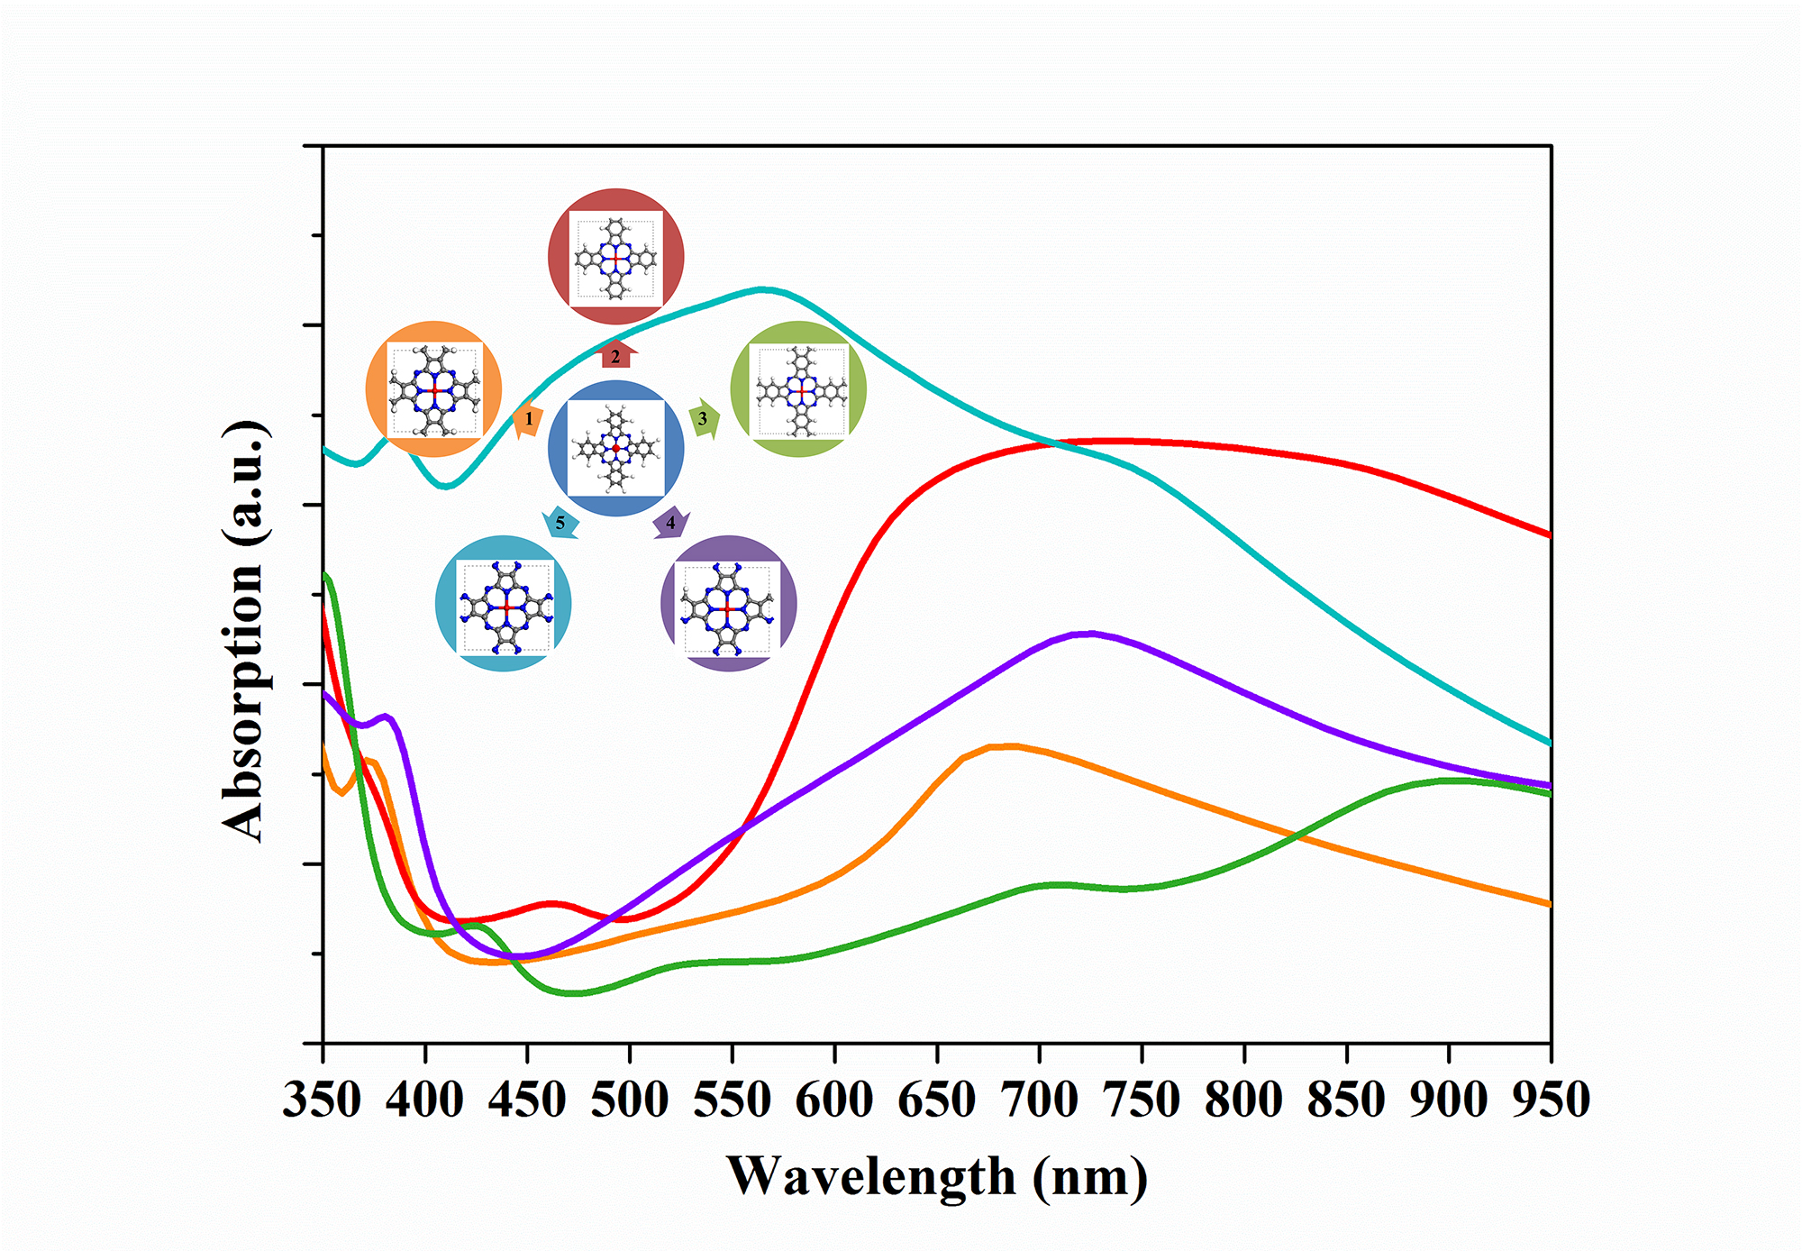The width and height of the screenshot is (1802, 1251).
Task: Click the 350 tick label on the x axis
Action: tap(323, 1100)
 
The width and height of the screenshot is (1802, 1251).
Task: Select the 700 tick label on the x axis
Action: tap(1040, 1100)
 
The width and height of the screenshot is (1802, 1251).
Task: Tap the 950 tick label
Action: tap(1551, 1100)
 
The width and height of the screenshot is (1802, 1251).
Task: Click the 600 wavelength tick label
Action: tap(835, 1100)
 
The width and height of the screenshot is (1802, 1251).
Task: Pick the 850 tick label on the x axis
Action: tap(1346, 1100)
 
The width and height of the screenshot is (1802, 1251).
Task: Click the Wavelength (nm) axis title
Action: tap(937, 1176)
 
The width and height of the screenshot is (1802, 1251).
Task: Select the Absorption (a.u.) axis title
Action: tap(244, 631)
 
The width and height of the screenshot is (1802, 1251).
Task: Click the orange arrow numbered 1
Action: tap(528, 420)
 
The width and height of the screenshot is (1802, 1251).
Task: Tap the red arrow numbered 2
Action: tap(616, 355)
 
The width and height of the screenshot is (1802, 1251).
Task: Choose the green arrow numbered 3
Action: tap(704, 418)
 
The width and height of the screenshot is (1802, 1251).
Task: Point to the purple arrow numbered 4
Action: tap(670, 523)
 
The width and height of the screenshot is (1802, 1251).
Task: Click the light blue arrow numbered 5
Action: tap(560, 523)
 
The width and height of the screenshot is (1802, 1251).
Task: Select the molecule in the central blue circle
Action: tap(616, 448)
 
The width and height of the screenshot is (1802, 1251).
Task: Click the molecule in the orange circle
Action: tap(434, 389)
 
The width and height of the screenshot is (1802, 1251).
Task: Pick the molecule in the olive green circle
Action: tap(799, 390)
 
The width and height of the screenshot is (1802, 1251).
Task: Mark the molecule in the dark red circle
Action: tap(616, 259)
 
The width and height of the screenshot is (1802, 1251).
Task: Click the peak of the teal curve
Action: tap(763, 289)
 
